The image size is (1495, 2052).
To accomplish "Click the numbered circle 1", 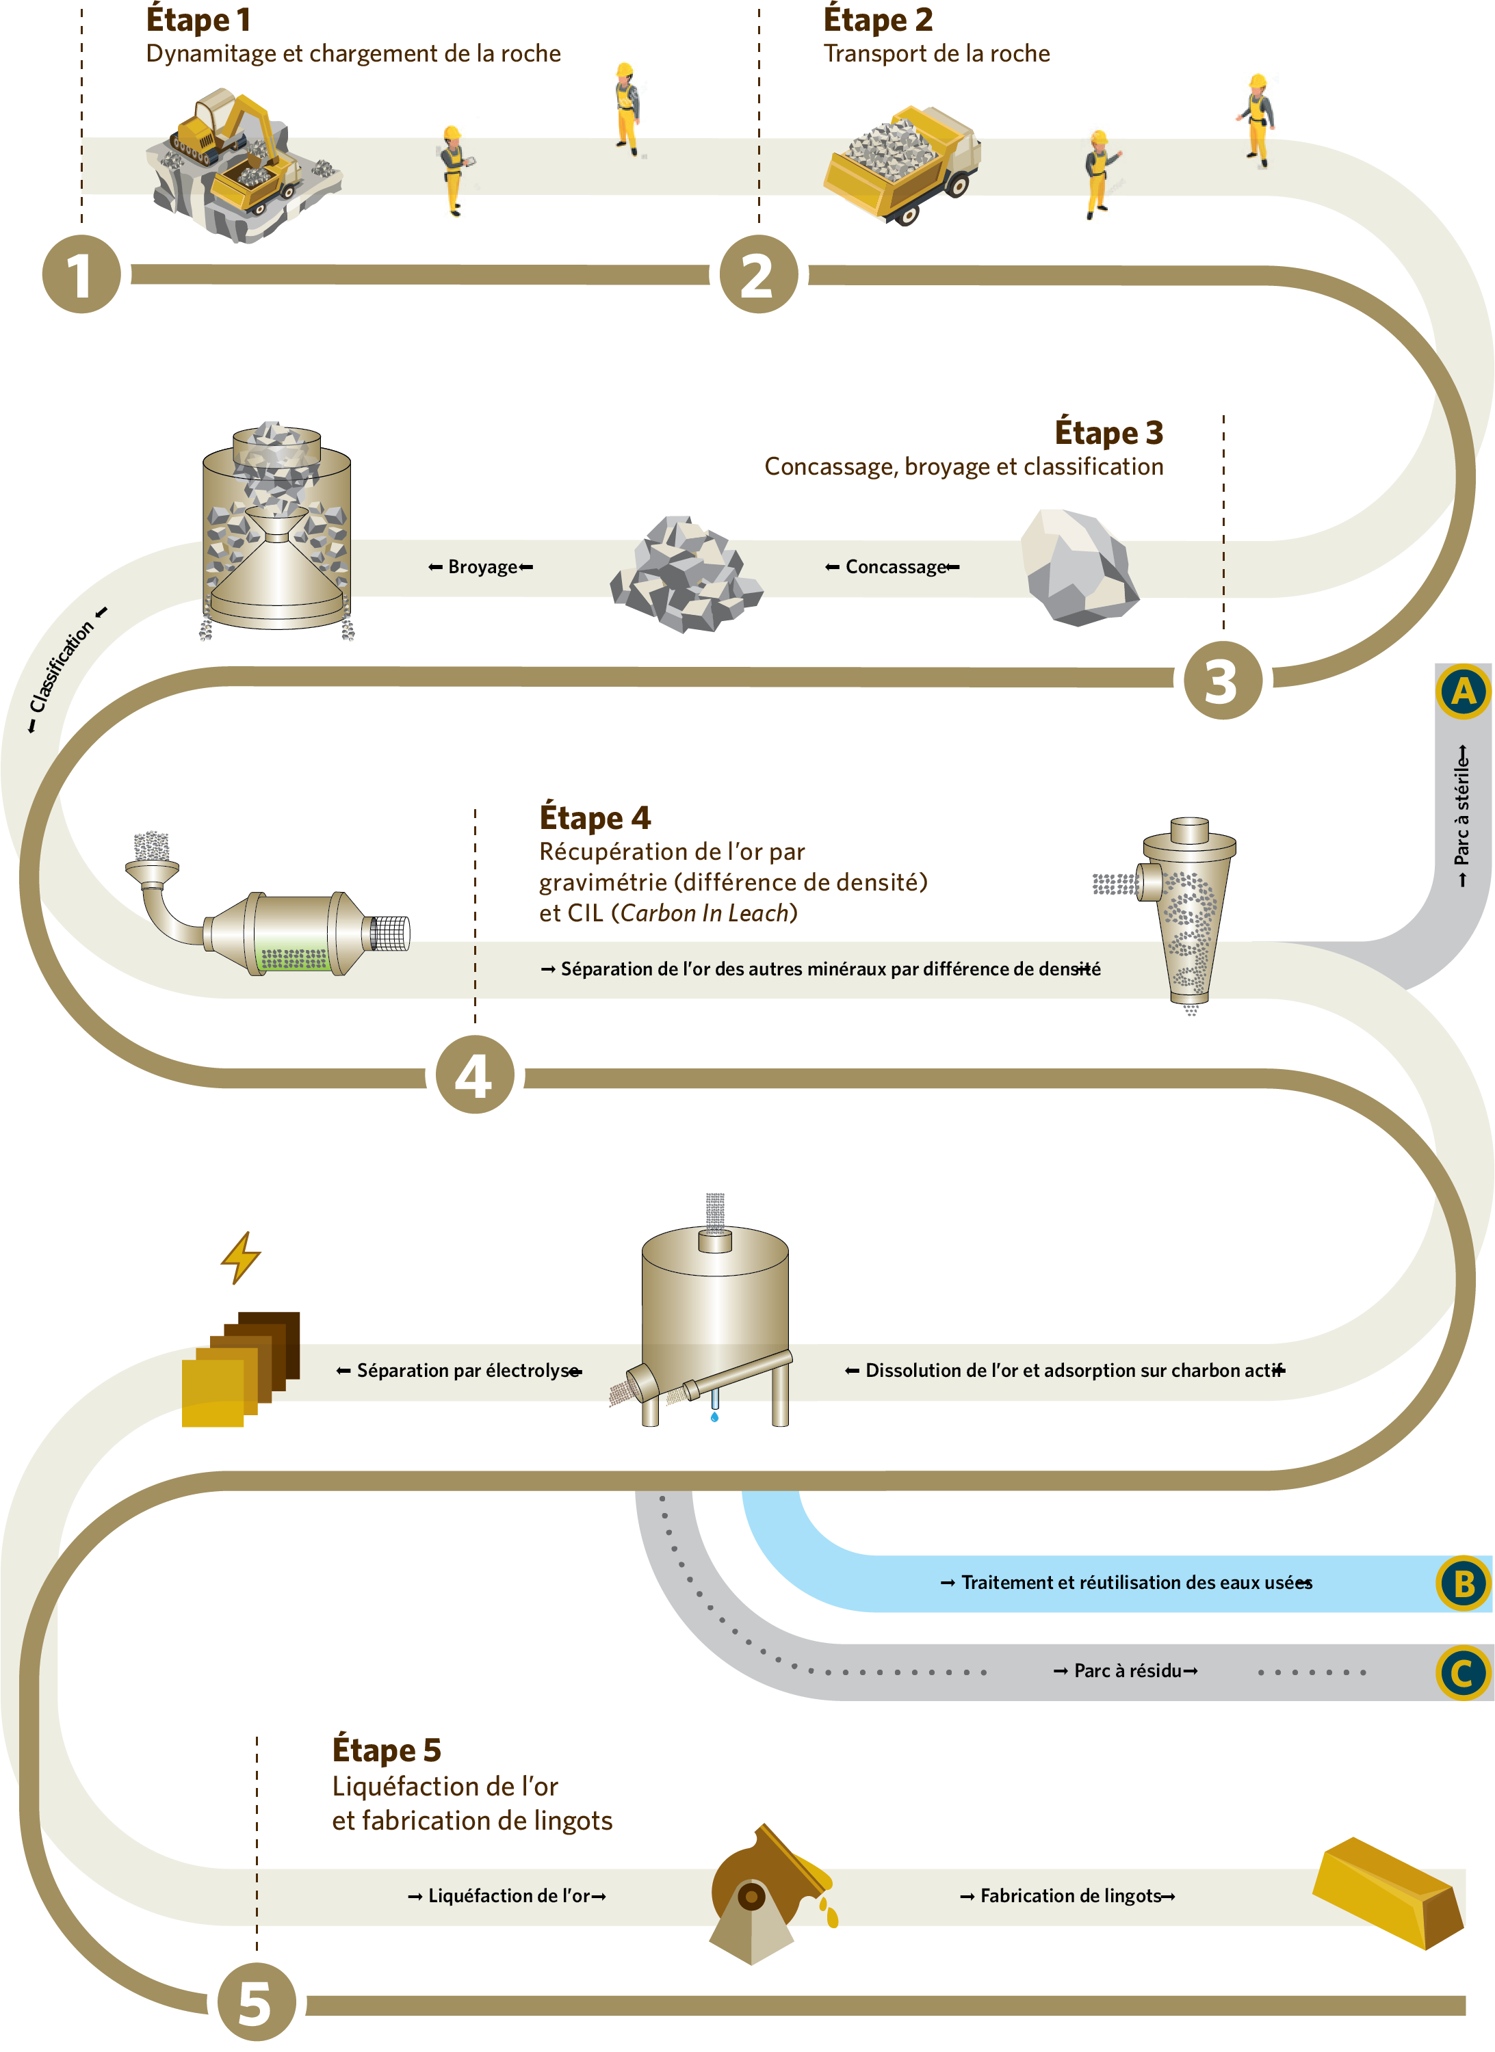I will click(x=81, y=274).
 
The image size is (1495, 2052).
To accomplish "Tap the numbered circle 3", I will click(x=1223, y=681).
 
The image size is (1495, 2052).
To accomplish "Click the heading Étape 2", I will click(x=878, y=20).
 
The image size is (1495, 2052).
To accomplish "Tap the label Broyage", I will click(x=482, y=567).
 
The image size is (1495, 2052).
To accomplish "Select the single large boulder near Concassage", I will click(x=1079, y=567).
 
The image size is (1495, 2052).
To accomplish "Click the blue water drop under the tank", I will click(x=714, y=1417).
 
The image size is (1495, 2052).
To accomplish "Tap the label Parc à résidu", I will click(x=1127, y=1671).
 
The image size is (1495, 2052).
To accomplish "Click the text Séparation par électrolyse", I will click(x=467, y=1371).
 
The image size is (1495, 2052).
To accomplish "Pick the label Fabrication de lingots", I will click(x=1069, y=1895).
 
